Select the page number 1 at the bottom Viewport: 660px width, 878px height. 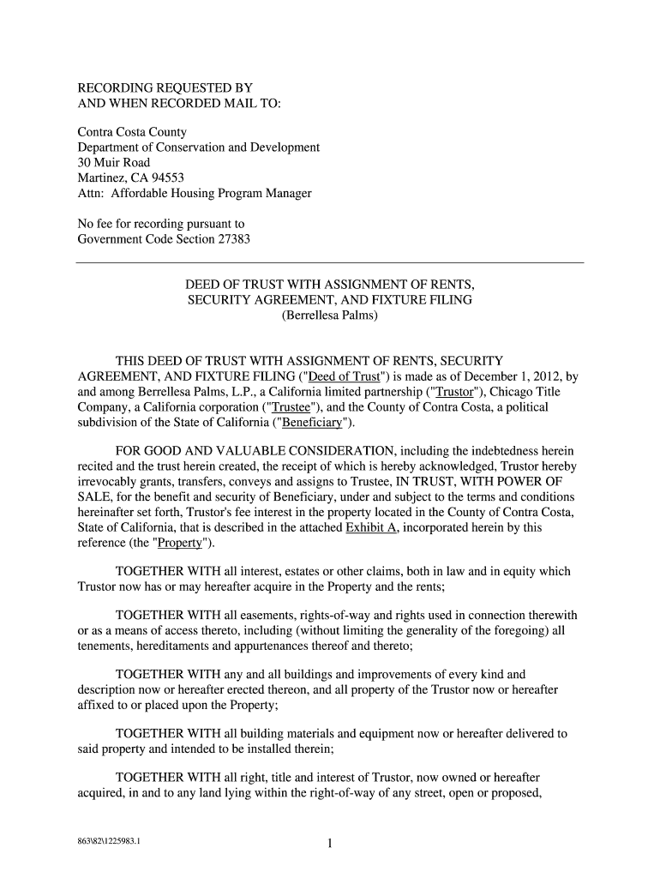tap(329, 845)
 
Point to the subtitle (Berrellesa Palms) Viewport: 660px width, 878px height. tap(329, 316)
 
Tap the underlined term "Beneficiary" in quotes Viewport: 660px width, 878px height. tap(312, 423)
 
